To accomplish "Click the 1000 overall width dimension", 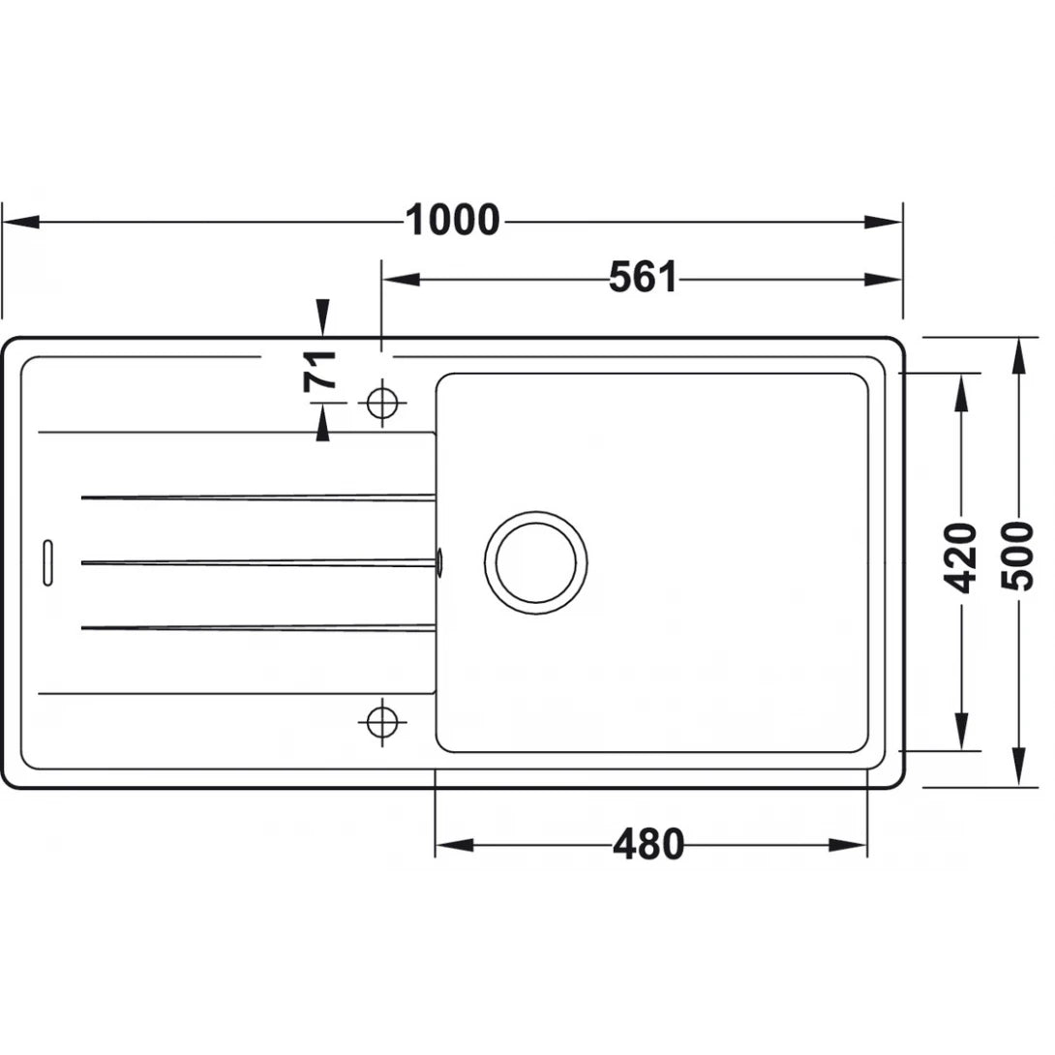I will click(452, 222).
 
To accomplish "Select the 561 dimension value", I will click(643, 279).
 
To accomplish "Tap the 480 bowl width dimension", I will click(648, 845).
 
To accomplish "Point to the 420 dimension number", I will click(961, 558).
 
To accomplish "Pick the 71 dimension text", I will click(321, 370).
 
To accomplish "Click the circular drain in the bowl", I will click(535, 561).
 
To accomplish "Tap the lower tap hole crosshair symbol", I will click(381, 720).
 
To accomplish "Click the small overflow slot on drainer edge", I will click(46, 561).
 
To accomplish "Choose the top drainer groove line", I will click(257, 497).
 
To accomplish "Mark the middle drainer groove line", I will click(257, 562).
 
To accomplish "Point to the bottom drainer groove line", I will click(257, 628).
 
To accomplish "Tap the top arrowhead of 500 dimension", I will click(1018, 354).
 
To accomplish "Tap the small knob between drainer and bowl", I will click(440, 559).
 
